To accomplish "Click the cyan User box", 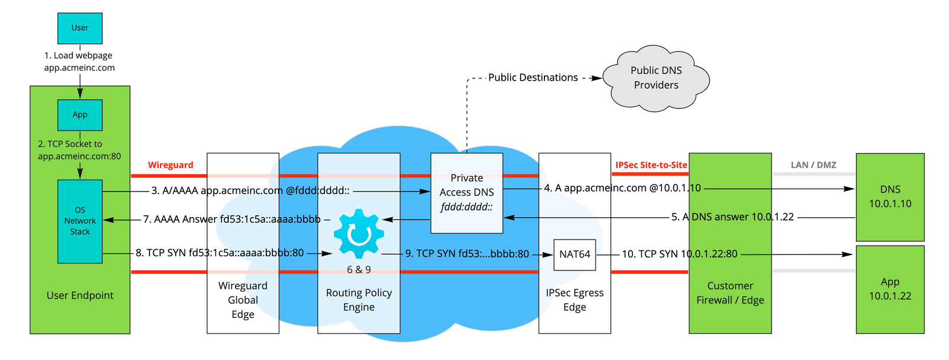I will (79, 28).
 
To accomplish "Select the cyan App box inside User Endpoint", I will (79, 114).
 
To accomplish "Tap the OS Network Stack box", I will (79, 221).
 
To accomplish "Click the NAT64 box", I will (574, 254).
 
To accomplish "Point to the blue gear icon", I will (358, 234).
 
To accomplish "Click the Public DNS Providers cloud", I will (656, 78).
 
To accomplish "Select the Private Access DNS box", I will (466, 193).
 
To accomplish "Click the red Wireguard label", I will (170, 165).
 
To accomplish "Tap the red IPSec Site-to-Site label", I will (651, 165).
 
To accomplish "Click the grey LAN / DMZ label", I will (813, 165).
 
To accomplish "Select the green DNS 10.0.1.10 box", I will (890, 196).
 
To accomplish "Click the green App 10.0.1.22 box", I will (890, 289).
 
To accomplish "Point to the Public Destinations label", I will (533, 78).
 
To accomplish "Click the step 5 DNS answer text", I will (732, 217).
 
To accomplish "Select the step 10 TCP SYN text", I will (679, 254).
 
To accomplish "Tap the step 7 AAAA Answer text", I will (231, 219).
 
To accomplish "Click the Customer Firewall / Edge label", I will (730, 293).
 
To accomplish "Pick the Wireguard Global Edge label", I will (243, 300).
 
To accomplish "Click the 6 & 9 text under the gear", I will (358, 270).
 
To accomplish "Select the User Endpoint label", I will (79, 295).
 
